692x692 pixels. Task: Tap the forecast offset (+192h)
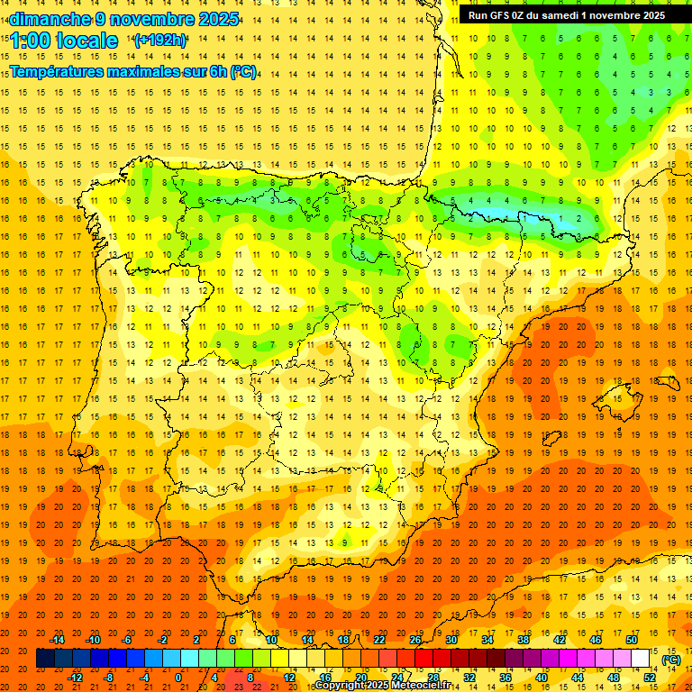pyautogui.click(x=159, y=40)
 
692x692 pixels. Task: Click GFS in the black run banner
pyautogui.click(x=501, y=15)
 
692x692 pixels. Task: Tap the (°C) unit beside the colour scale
pyautogui.click(x=671, y=660)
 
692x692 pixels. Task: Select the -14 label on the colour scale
pyautogui.click(x=59, y=640)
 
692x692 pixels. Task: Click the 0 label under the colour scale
pyautogui.click(x=178, y=678)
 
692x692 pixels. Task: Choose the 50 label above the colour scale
pyautogui.click(x=631, y=640)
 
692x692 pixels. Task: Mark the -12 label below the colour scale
pyautogui.click(x=77, y=678)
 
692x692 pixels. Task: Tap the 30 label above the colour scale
pyautogui.click(x=451, y=640)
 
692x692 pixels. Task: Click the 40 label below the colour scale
pyautogui.click(x=542, y=678)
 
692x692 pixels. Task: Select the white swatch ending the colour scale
pyautogui.click(x=641, y=659)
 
